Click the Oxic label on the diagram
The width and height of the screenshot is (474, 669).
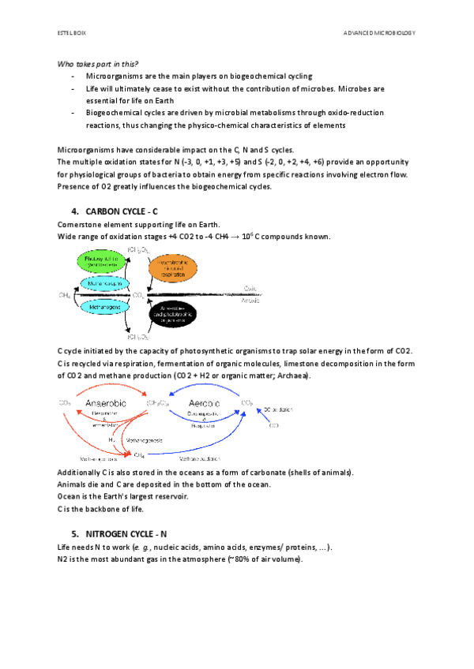point(250,288)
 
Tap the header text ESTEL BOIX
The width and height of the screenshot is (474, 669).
point(70,33)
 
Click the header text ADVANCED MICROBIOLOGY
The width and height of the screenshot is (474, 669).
point(378,33)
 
